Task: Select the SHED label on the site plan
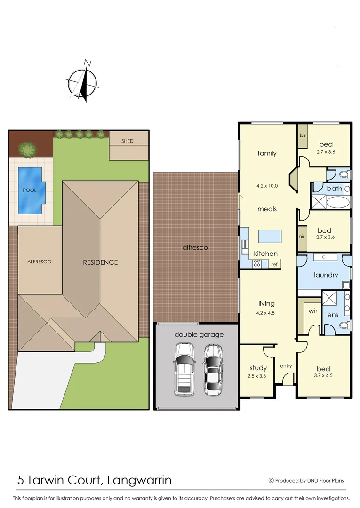click(127, 141)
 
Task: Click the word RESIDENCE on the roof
click(100, 262)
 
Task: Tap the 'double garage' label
click(199, 334)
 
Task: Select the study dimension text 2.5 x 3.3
click(258, 376)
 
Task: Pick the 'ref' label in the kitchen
click(274, 265)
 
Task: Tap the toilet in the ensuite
click(344, 325)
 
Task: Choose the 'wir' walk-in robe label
click(312, 311)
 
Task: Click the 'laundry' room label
click(325, 275)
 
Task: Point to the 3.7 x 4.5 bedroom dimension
click(323, 376)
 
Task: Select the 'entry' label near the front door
click(286, 366)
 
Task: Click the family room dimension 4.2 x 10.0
click(267, 185)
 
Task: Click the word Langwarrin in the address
click(140, 480)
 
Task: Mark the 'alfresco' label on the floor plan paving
click(195, 247)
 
